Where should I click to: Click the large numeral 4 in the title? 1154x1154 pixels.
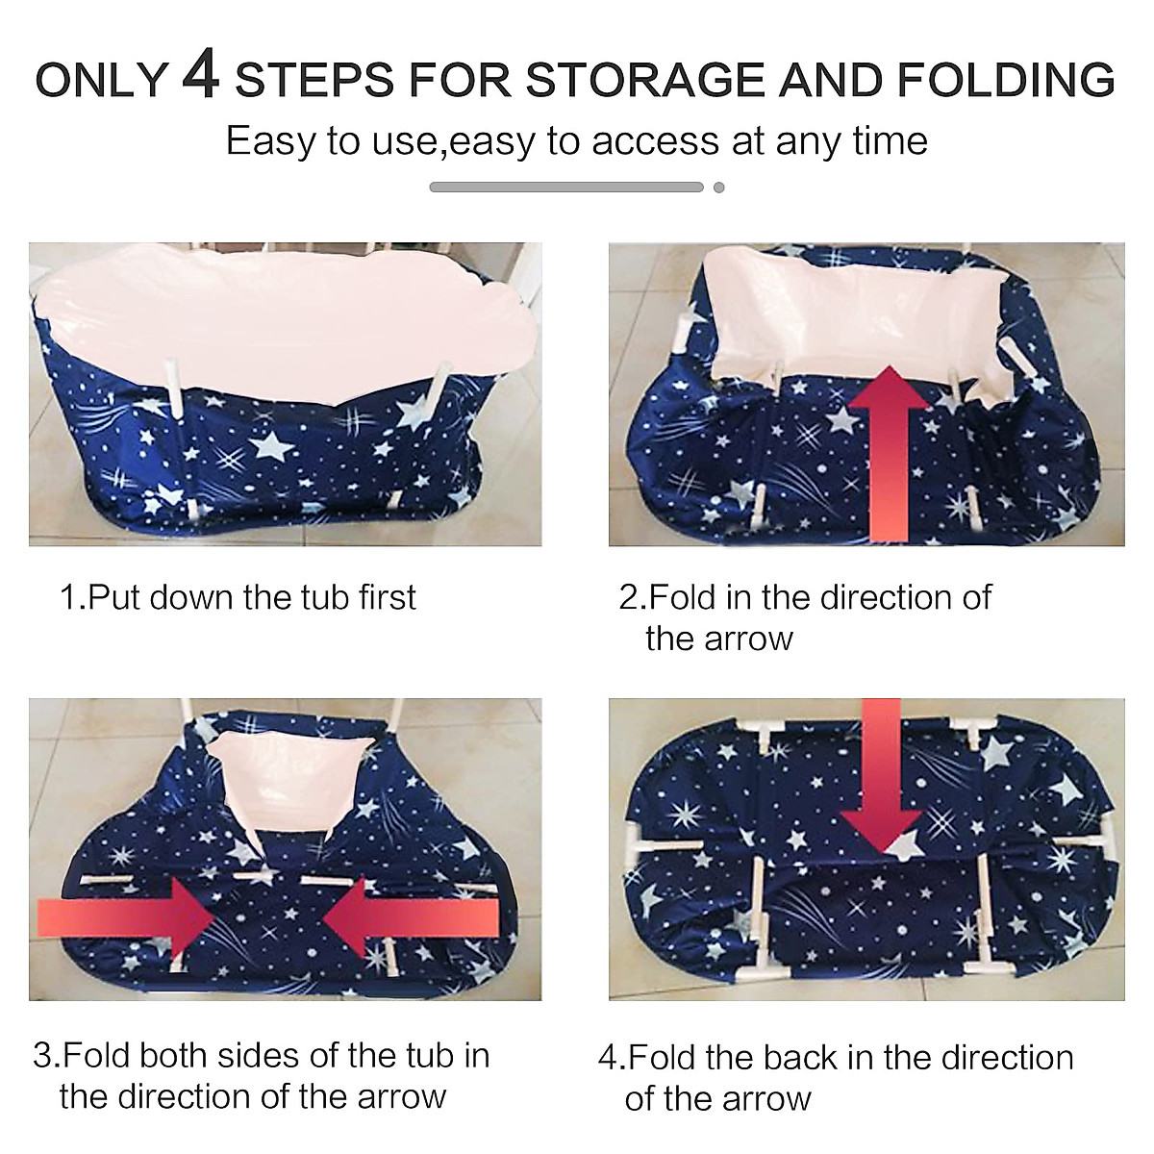[201, 76]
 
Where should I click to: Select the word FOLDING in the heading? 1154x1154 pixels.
[1005, 80]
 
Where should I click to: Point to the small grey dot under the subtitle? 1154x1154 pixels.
[718, 188]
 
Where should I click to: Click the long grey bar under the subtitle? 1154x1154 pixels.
[566, 188]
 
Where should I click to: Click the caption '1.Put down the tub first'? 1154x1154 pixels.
[238, 597]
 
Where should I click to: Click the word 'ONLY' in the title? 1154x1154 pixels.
[102, 80]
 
